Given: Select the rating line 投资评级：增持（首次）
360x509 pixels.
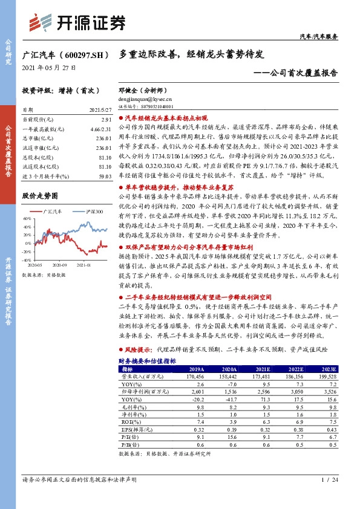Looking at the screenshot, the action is pyautogui.click(x=60, y=89).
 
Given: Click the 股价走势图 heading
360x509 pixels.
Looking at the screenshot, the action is pyautogui.click(x=39, y=196).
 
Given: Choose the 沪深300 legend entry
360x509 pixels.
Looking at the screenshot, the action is pyautogui.click(x=94, y=212).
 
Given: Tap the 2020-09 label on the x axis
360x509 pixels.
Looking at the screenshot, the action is pyautogui.click(x=59, y=265).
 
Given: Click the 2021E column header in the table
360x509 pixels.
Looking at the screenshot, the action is pyautogui.click(x=263, y=368).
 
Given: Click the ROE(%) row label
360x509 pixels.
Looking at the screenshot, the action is pyautogui.click(x=131, y=422).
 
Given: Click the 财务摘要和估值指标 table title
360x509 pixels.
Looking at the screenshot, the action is pyautogui.click(x=147, y=360).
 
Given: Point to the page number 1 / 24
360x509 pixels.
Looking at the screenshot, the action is pyautogui.click(x=329, y=480).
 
